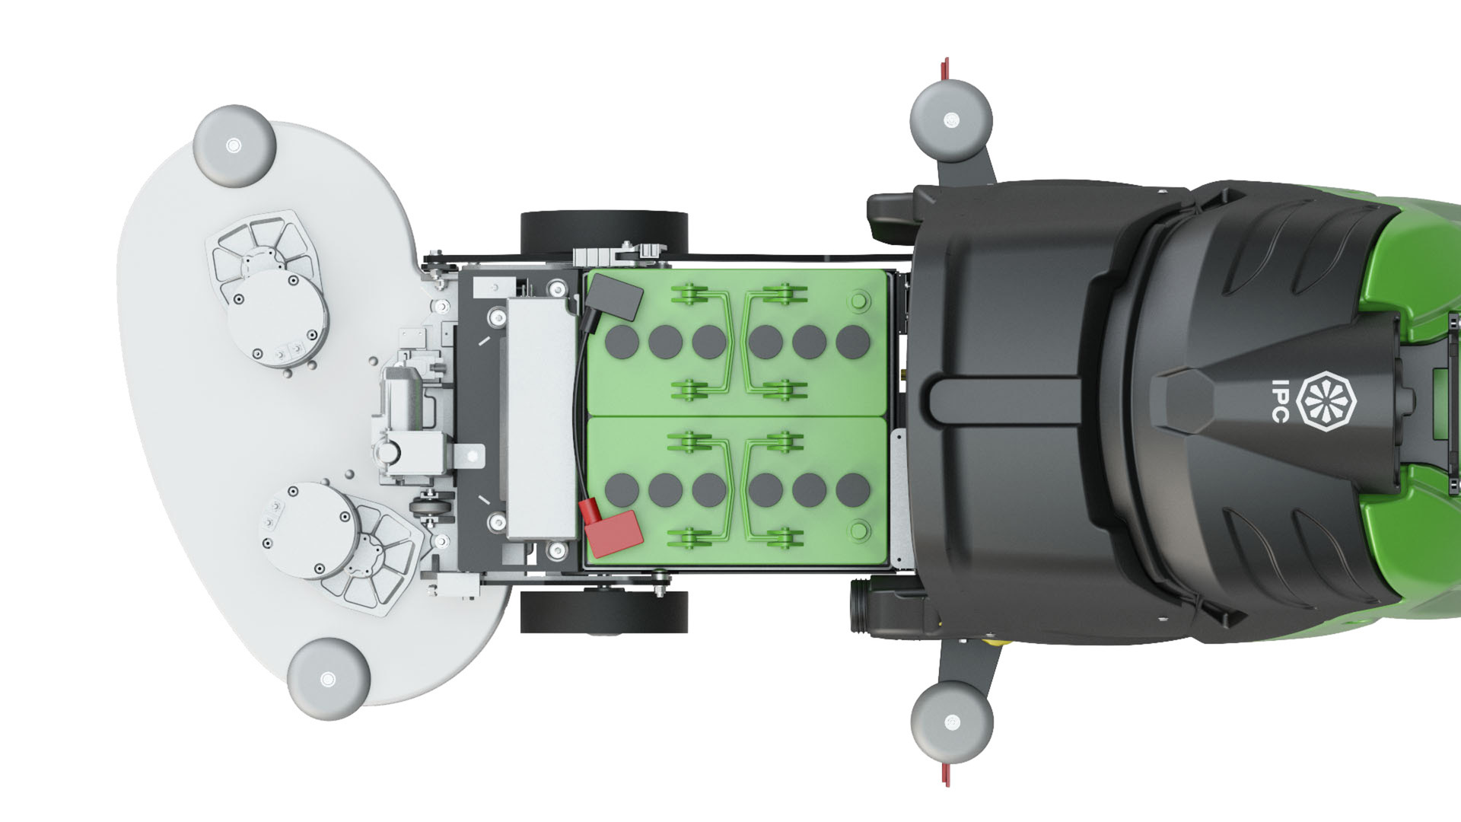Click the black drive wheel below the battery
tap(604, 611)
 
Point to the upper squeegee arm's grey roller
tap(951, 119)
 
